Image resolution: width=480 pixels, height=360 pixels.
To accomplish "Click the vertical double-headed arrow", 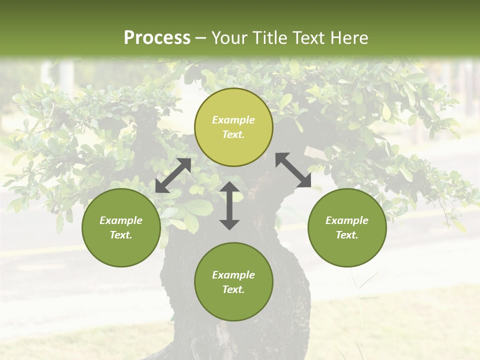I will tap(229, 205).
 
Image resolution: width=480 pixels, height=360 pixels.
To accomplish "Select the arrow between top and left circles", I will tap(173, 175).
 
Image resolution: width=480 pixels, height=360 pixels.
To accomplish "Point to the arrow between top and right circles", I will tap(293, 170).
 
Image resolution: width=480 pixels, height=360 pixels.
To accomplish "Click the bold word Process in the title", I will tap(157, 38).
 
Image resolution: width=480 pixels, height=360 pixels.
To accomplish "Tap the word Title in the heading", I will tap(269, 38).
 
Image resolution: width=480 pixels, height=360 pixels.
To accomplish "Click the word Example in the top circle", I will tap(233, 120).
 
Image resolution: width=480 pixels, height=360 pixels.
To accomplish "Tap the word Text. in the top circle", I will tap(233, 134).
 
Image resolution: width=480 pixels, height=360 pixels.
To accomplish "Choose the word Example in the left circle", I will tap(121, 220).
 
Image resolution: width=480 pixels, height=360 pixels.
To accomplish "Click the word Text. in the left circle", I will tap(121, 235).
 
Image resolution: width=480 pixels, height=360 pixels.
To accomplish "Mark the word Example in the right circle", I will tap(347, 220).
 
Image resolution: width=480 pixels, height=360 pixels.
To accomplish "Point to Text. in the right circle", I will tap(347, 235).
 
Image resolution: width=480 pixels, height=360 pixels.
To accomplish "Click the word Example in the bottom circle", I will tap(233, 275).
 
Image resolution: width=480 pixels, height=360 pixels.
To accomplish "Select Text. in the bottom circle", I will tap(233, 289).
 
